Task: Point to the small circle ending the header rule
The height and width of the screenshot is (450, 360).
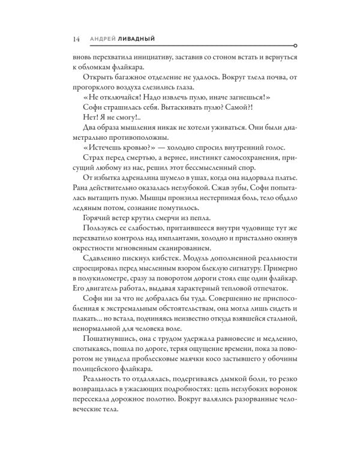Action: (292, 46)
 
